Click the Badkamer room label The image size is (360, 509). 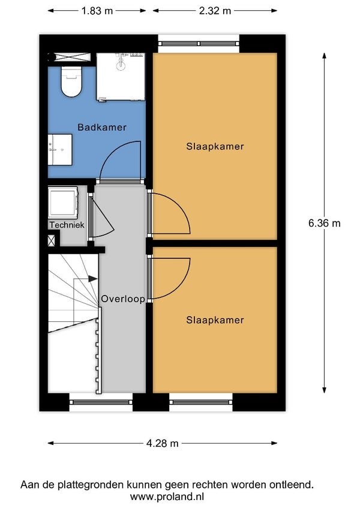coord(101,127)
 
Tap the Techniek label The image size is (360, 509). coord(67,225)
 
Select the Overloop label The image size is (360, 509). coord(123,299)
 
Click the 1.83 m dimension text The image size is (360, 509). coord(97,11)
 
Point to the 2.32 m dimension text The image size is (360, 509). coord(215,11)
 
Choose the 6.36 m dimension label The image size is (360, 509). coord(324,223)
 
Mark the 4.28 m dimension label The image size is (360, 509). coord(162,443)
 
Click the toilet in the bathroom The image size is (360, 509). coord(71,82)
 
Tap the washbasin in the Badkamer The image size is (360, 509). coord(60,150)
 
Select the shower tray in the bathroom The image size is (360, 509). coord(121,77)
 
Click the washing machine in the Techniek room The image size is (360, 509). coord(63,202)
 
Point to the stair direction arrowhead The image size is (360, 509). coord(93,279)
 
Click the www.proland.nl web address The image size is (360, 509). coord(167,496)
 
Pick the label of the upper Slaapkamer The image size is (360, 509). coord(215,146)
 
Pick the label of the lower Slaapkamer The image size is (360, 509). coord(215,320)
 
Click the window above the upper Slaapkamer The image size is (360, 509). coord(199,44)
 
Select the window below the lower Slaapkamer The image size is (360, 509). coord(201,402)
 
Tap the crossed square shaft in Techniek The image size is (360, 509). coord(52,240)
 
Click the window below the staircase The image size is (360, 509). coord(101,402)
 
